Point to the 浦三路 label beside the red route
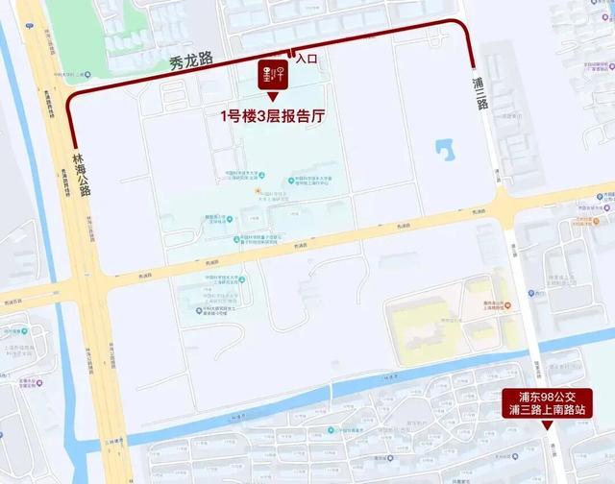tap(480, 90)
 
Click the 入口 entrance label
tap(307, 60)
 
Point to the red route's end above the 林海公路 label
tap(72, 143)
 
